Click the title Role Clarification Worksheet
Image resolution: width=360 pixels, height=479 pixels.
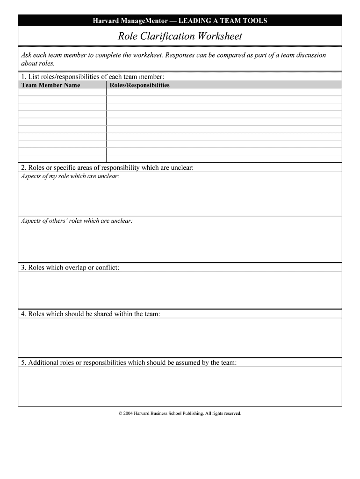click(180, 36)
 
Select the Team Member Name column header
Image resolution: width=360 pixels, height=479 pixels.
click(50, 85)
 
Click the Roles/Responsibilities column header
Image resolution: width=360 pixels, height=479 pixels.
click(139, 85)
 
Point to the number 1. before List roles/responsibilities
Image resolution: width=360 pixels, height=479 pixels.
click(23, 77)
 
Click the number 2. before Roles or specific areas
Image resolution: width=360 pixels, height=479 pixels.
click(23, 167)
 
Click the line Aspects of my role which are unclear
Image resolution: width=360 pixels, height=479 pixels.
click(70, 176)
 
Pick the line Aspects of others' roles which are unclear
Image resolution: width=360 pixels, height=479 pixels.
click(77, 220)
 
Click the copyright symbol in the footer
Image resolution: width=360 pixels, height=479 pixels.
click(120, 414)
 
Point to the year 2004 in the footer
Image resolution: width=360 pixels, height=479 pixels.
click(128, 414)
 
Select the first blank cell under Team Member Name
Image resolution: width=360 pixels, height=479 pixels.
click(62, 92)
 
